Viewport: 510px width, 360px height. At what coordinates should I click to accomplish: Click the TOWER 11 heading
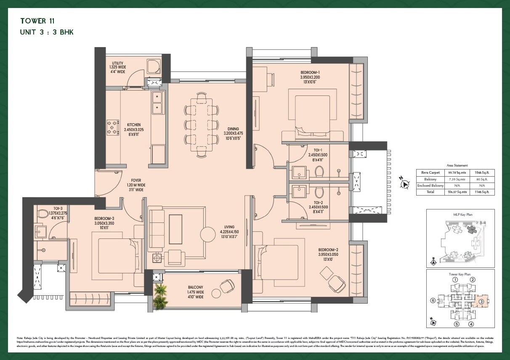tap(37, 21)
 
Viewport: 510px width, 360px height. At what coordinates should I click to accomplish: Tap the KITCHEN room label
tap(134, 125)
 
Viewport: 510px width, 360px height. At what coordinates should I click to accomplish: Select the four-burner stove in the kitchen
tap(112, 128)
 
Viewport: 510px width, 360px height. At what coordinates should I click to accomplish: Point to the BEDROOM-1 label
tap(310, 72)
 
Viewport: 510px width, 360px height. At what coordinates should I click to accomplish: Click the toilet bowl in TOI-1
tap(319, 171)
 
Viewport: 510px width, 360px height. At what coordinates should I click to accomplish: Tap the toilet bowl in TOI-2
tap(319, 192)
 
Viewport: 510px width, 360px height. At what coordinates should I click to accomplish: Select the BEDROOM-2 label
tap(328, 249)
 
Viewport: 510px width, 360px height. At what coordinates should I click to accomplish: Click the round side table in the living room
tap(208, 234)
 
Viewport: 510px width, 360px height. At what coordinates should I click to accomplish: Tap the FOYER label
tap(136, 180)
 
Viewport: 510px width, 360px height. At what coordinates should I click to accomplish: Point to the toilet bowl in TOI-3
tap(42, 214)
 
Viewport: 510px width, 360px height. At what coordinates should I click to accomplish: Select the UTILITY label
tap(118, 63)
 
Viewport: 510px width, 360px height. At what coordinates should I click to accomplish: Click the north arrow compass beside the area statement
tap(405, 184)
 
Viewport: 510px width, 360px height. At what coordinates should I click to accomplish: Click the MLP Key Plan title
tap(460, 214)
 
